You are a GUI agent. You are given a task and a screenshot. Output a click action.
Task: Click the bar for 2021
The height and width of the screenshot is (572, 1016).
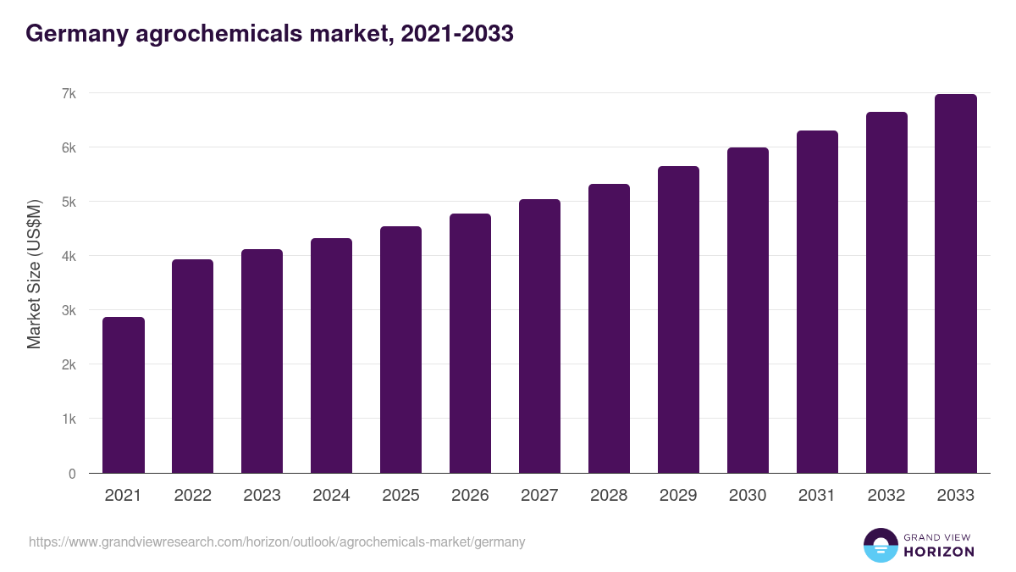(124, 395)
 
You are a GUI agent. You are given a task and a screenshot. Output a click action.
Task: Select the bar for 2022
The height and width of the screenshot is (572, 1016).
(193, 366)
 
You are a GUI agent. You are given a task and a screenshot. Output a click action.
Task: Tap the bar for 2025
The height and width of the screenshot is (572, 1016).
(401, 349)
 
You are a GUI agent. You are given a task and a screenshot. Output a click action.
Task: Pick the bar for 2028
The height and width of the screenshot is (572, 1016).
(610, 328)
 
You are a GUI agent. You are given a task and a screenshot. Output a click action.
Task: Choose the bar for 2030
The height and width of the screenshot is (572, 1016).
(748, 310)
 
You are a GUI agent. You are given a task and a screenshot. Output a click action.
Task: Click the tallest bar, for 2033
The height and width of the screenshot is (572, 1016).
(956, 283)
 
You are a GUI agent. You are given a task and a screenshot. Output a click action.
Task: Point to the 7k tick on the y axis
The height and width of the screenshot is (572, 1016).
(67, 93)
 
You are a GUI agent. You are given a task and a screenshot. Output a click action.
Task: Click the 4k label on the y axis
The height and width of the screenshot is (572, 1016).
(67, 256)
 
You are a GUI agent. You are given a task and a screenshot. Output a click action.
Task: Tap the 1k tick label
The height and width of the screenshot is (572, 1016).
(67, 419)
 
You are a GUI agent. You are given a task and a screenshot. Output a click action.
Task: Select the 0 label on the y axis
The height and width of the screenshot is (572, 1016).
(72, 474)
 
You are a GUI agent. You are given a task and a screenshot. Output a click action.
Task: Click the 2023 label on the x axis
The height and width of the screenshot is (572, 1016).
(262, 496)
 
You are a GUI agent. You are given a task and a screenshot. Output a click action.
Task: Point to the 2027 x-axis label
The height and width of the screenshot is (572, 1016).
(540, 496)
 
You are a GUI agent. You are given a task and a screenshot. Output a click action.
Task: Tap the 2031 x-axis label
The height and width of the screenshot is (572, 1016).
(818, 496)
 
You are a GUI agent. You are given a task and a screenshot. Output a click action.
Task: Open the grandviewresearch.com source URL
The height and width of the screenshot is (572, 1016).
(277, 541)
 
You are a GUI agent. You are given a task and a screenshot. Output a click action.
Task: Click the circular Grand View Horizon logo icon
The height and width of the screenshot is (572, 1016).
(881, 546)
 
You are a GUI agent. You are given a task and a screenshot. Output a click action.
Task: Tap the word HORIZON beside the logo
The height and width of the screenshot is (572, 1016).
(939, 552)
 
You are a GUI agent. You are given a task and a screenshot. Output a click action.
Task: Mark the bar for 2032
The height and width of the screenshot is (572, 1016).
(886, 292)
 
